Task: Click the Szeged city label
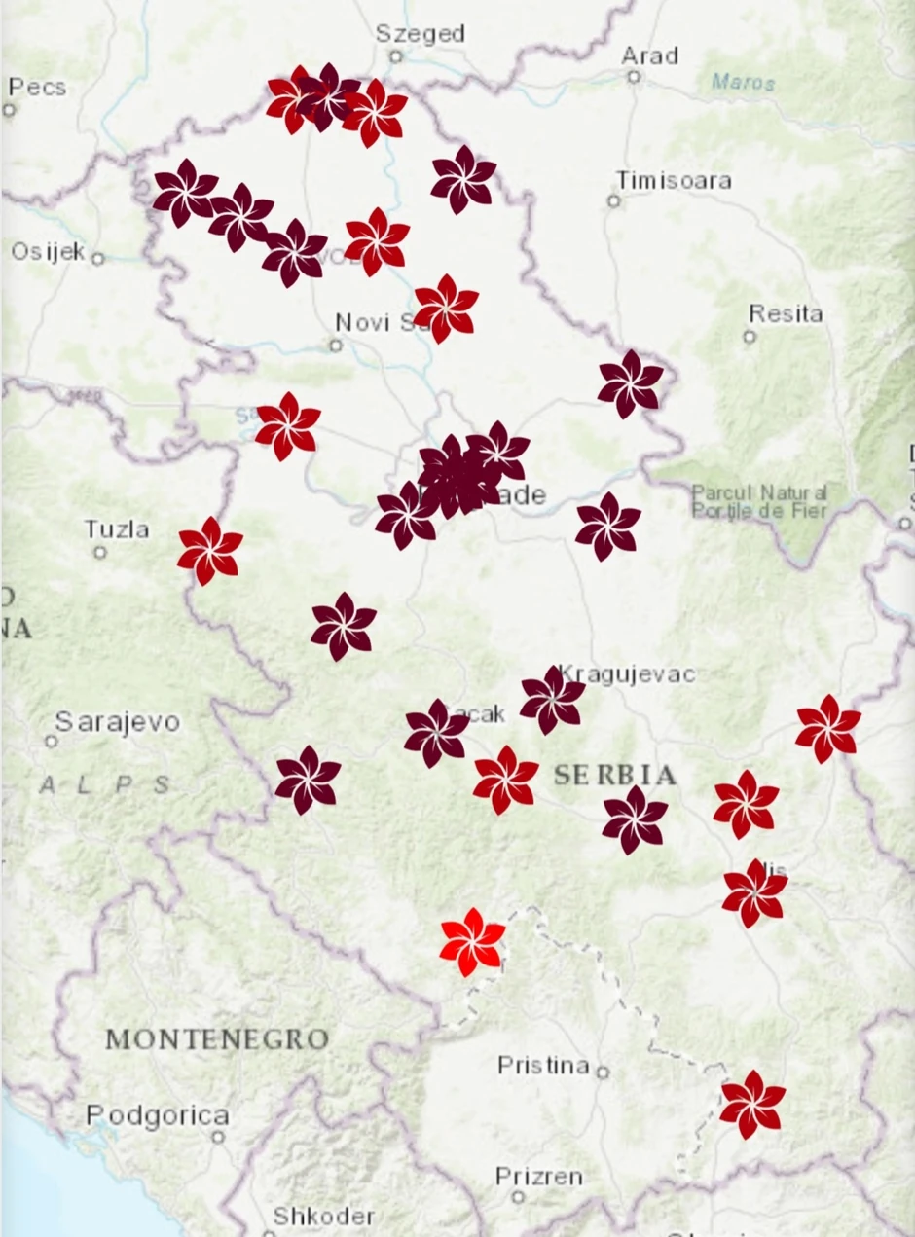coord(421,33)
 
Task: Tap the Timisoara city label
coord(674,180)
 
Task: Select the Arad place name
coord(649,55)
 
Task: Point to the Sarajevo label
coord(117,722)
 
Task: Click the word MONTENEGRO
coord(217,1039)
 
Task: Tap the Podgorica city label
coord(158,1115)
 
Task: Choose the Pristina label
coord(543,1066)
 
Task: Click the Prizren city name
coord(539,1177)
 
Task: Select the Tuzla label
coord(117,530)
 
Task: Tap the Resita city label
coord(786,314)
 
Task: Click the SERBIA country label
coord(615,776)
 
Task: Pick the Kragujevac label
coord(628,673)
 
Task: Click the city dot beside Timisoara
coord(614,201)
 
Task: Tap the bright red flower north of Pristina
coord(472,941)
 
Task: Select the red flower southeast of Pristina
coord(751,1104)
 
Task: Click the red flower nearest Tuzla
coord(209,550)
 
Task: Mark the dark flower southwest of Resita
coord(630,383)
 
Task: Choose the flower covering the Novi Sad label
coord(446,308)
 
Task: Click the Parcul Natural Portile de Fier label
coord(759,501)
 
